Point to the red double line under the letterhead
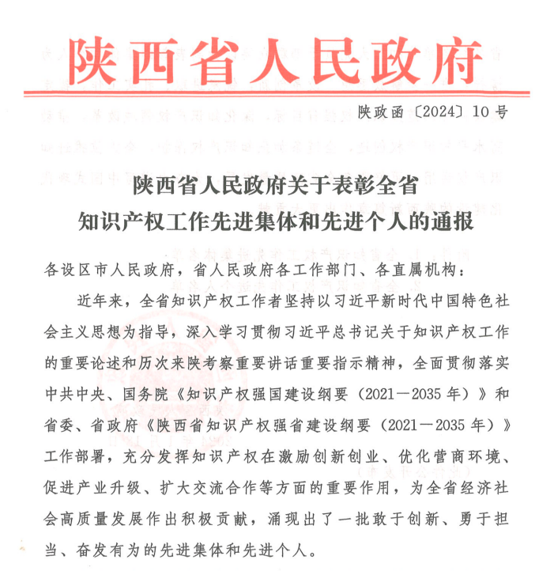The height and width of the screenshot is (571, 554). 276,94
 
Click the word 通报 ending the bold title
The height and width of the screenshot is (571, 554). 450,221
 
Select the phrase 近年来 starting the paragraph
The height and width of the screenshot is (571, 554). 99,301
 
